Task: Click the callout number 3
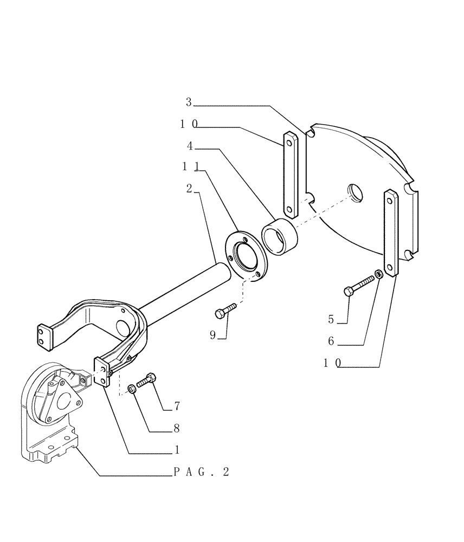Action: (x=189, y=101)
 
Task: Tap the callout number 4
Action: (x=190, y=146)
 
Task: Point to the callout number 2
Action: (x=189, y=188)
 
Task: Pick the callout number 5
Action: (x=331, y=320)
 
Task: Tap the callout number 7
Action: (x=177, y=406)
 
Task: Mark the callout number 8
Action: (x=177, y=428)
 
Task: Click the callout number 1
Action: (x=177, y=450)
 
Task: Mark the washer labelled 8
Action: (x=132, y=389)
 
